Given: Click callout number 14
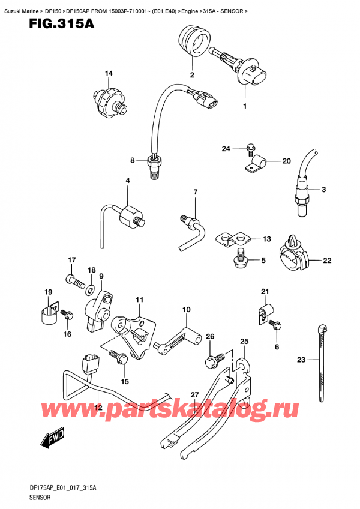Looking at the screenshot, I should point(109,74).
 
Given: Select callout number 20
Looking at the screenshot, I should point(286,161).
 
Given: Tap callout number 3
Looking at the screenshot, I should point(323,190).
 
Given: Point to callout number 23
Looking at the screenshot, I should point(301,360).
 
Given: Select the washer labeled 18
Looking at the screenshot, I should point(90,291).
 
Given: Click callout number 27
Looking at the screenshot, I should point(194,394).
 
